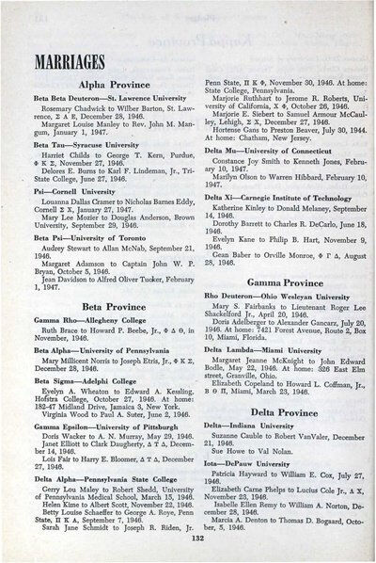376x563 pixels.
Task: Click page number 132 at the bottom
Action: (x=191, y=539)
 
